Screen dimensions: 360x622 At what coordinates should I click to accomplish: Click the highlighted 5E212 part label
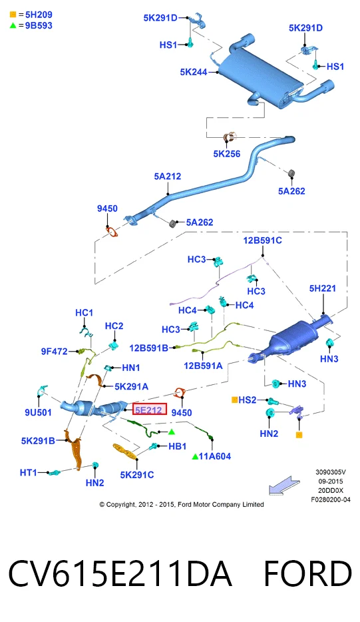click(149, 409)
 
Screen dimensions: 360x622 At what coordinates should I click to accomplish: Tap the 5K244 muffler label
click(194, 72)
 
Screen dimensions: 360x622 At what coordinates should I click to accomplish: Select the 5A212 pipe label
click(167, 176)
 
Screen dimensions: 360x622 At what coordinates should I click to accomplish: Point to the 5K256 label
click(227, 154)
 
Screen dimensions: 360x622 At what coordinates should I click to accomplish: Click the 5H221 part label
click(323, 288)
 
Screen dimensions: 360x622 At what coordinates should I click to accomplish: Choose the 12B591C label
click(262, 240)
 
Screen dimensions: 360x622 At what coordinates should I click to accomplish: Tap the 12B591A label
click(203, 366)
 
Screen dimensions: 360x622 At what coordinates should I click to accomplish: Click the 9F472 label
click(55, 352)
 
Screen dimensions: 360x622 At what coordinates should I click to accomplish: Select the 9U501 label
click(39, 412)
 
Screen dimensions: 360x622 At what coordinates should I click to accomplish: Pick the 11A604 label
click(215, 457)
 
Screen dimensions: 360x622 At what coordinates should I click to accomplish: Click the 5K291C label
click(137, 475)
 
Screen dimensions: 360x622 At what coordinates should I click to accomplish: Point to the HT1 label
click(28, 473)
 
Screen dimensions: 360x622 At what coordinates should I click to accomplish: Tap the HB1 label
click(177, 446)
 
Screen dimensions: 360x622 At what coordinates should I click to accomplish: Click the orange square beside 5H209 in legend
click(13, 15)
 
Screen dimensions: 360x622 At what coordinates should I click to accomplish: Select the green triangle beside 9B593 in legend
click(13, 25)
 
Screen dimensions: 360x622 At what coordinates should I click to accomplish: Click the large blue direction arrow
click(284, 485)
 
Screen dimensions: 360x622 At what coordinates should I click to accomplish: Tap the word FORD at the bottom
click(307, 573)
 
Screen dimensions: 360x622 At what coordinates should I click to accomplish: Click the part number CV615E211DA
click(120, 573)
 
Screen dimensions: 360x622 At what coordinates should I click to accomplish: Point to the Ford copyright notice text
click(182, 505)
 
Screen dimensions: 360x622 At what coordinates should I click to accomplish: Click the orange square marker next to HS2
click(234, 400)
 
